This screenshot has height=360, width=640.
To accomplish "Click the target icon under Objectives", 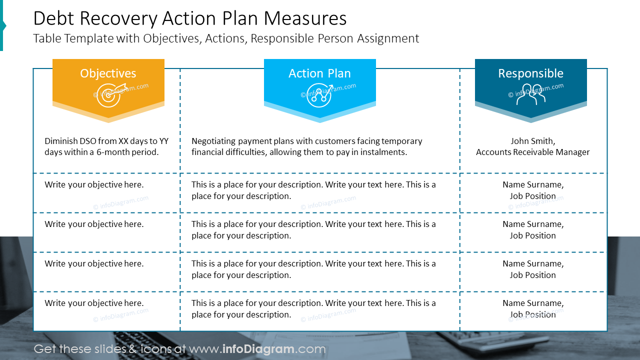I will point(108,95).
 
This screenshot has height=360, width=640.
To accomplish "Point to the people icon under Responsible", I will point(530,94).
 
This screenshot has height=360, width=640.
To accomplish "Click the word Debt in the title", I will point(53,18).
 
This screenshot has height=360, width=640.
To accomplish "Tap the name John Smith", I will point(532,141).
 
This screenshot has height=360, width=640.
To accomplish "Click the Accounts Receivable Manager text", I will point(532,152).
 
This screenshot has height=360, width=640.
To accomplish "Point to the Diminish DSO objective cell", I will point(106,146).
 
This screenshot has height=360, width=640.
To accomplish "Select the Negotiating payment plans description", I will point(306,146).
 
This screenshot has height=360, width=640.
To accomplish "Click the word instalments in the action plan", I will point(386,152).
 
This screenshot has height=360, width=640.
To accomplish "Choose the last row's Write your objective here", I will point(94,303).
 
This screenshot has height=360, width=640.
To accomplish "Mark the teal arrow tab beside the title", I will point(2,25).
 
